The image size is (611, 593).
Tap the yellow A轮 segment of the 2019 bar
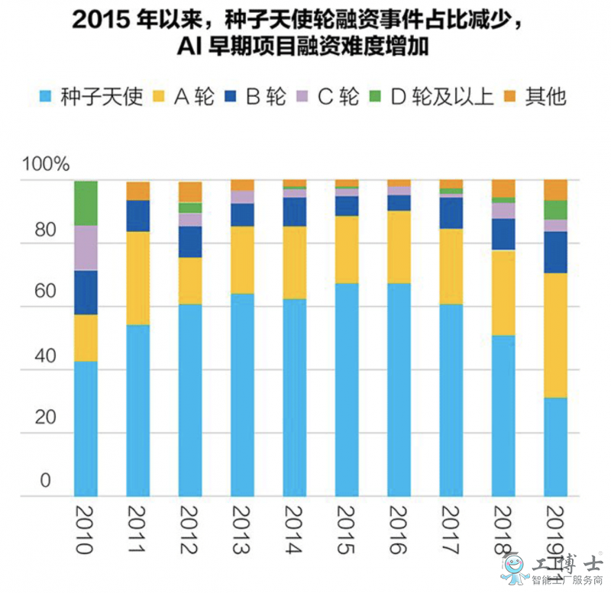[x=555, y=335]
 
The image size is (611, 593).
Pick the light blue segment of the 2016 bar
[x=399, y=389]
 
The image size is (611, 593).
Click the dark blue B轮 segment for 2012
[x=189, y=242]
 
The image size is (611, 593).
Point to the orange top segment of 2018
[x=503, y=189]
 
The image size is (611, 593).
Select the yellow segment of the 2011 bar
[x=137, y=278]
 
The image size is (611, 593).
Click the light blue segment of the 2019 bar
[x=555, y=446]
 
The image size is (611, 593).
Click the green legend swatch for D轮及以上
[x=377, y=97]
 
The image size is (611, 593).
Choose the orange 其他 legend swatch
[x=511, y=97]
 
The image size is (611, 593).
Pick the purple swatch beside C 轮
[x=302, y=97]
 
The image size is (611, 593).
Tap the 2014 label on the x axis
[x=294, y=527]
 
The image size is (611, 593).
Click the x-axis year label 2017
[x=451, y=527]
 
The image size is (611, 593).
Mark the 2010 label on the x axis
[x=86, y=527]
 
